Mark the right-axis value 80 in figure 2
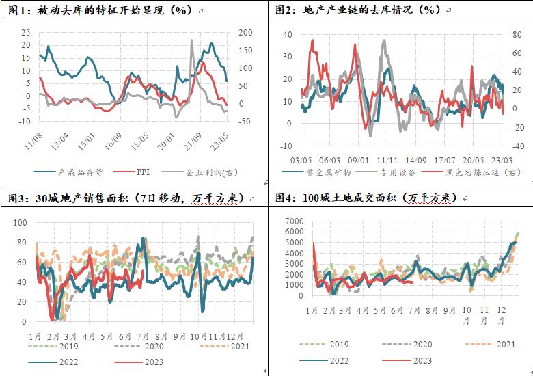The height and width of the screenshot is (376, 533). [519, 35]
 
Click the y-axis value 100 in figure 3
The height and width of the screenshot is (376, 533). [20, 223]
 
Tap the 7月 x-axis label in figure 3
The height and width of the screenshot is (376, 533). [143, 336]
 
